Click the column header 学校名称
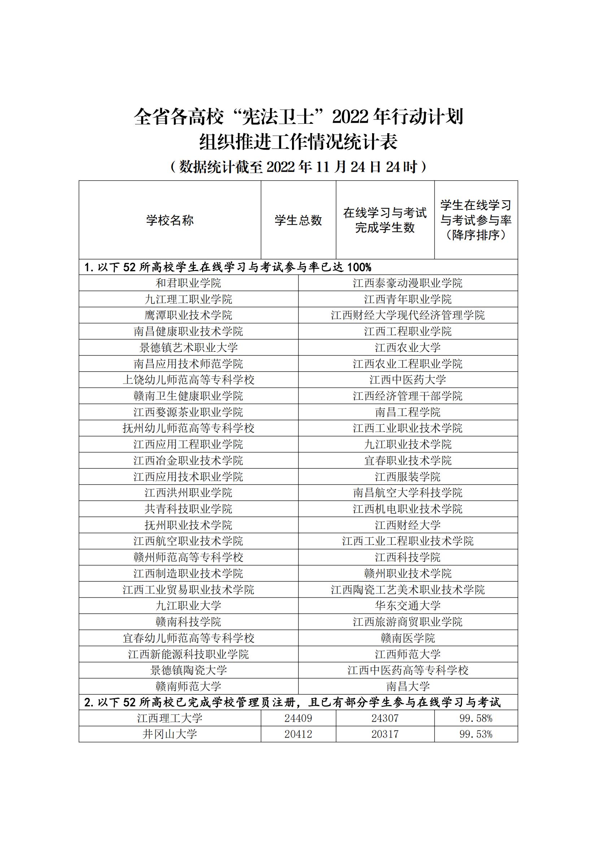point(170,220)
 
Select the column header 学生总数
point(298,220)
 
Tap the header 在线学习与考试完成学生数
point(385,220)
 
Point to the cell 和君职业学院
point(188,283)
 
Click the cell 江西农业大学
point(408,347)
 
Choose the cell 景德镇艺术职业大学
point(188,347)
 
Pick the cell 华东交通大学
point(408,605)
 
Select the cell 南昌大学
point(408,686)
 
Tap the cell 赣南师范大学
point(188,686)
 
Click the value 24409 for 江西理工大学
point(298,718)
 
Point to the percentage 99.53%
point(476,734)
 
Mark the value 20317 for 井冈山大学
point(385,734)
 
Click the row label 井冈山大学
point(170,734)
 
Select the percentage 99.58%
point(476,718)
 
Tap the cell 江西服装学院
point(408,477)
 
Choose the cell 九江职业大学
point(188,605)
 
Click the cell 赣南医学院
point(408,638)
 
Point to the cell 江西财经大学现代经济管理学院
point(408,315)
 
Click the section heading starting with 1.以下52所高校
point(228,267)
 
